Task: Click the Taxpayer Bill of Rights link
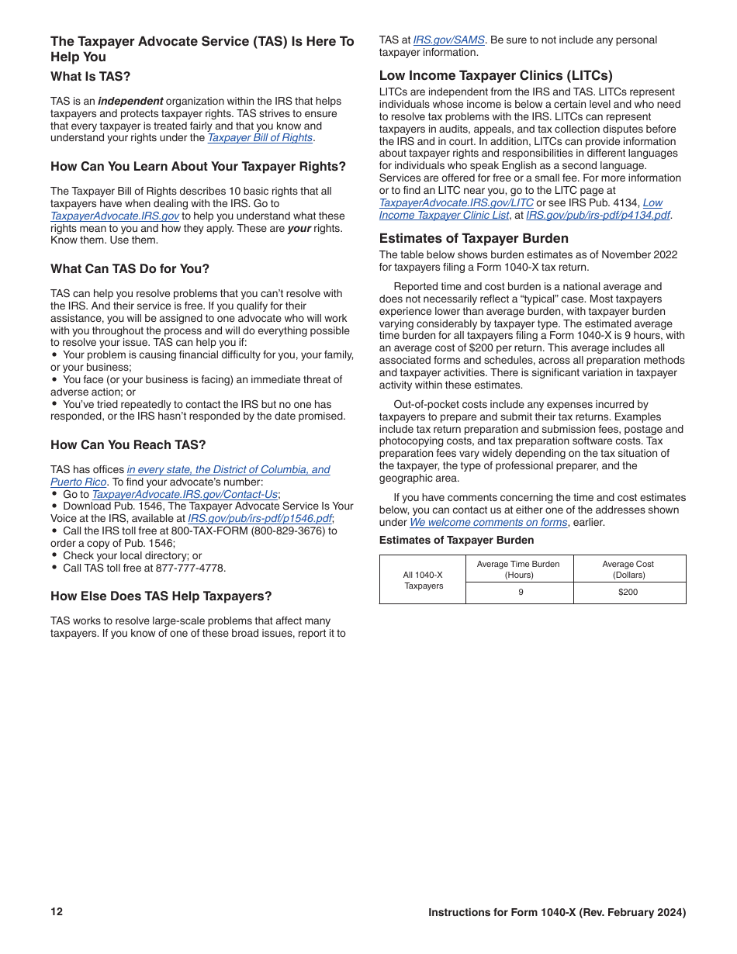click(260, 138)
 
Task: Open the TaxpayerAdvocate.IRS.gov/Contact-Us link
click(185, 494)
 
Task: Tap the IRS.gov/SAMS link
click(448, 40)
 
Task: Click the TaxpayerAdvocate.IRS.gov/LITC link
click(456, 203)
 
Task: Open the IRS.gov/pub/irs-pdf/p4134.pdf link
click(597, 216)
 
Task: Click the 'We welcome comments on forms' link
click(488, 523)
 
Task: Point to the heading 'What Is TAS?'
click(91, 76)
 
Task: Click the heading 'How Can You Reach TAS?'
click(128, 444)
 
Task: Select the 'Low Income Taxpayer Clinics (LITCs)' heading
click(496, 75)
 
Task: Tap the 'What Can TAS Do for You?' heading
click(130, 268)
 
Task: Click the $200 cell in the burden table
click(628, 593)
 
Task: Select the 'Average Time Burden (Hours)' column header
click(518, 569)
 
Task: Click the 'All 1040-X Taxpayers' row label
click(423, 580)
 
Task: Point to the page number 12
click(57, 911)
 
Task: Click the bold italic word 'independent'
click(130, 101)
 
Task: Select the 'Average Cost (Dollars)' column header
click(628, 569)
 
